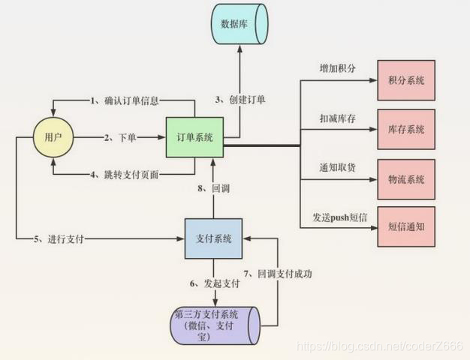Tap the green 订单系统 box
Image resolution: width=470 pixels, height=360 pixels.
[x=194, y=137]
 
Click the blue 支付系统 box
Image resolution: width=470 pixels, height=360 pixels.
[x=213, y=238]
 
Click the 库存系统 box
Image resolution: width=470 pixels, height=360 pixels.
[x=406, y=130]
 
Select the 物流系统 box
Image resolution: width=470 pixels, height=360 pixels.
[x=406, y=179]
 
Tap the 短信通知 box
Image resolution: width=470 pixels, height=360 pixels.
[x=406, y=226]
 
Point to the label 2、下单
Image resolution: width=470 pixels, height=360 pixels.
[x=122, y=138]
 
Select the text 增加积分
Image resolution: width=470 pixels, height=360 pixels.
[x=338, y=69]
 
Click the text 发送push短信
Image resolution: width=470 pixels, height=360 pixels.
[x=340, y=217]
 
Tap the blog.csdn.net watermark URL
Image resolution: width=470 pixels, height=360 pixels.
[x=383, y=347]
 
